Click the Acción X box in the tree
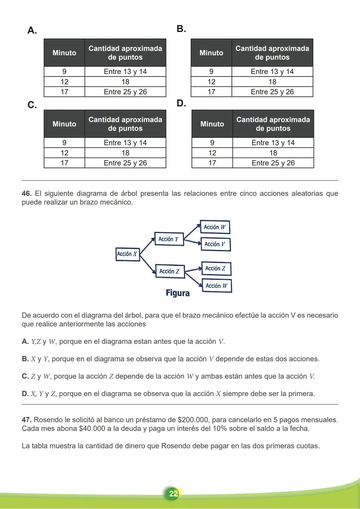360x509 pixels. [127, 254]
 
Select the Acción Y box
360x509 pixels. [169, 239]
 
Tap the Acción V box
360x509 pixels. [215, 244]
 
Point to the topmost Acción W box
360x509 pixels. [215, 227]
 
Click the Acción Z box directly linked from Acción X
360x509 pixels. [169, 271]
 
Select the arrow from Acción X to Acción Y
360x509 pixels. [147, 246]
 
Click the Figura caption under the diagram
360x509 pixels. [178, 293]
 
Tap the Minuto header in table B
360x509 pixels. [211, 53]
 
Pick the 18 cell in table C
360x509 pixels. [125, 153]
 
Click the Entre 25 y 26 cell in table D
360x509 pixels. [273, 163]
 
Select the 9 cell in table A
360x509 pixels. [64, 72]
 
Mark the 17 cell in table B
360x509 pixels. [211, 92]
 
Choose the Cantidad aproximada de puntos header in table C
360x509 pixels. [125, 124]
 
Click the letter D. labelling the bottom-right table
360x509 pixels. [181, 103]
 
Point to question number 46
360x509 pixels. [26, 194]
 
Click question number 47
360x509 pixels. [26, 420]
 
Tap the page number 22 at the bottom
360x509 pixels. [173, 493]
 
